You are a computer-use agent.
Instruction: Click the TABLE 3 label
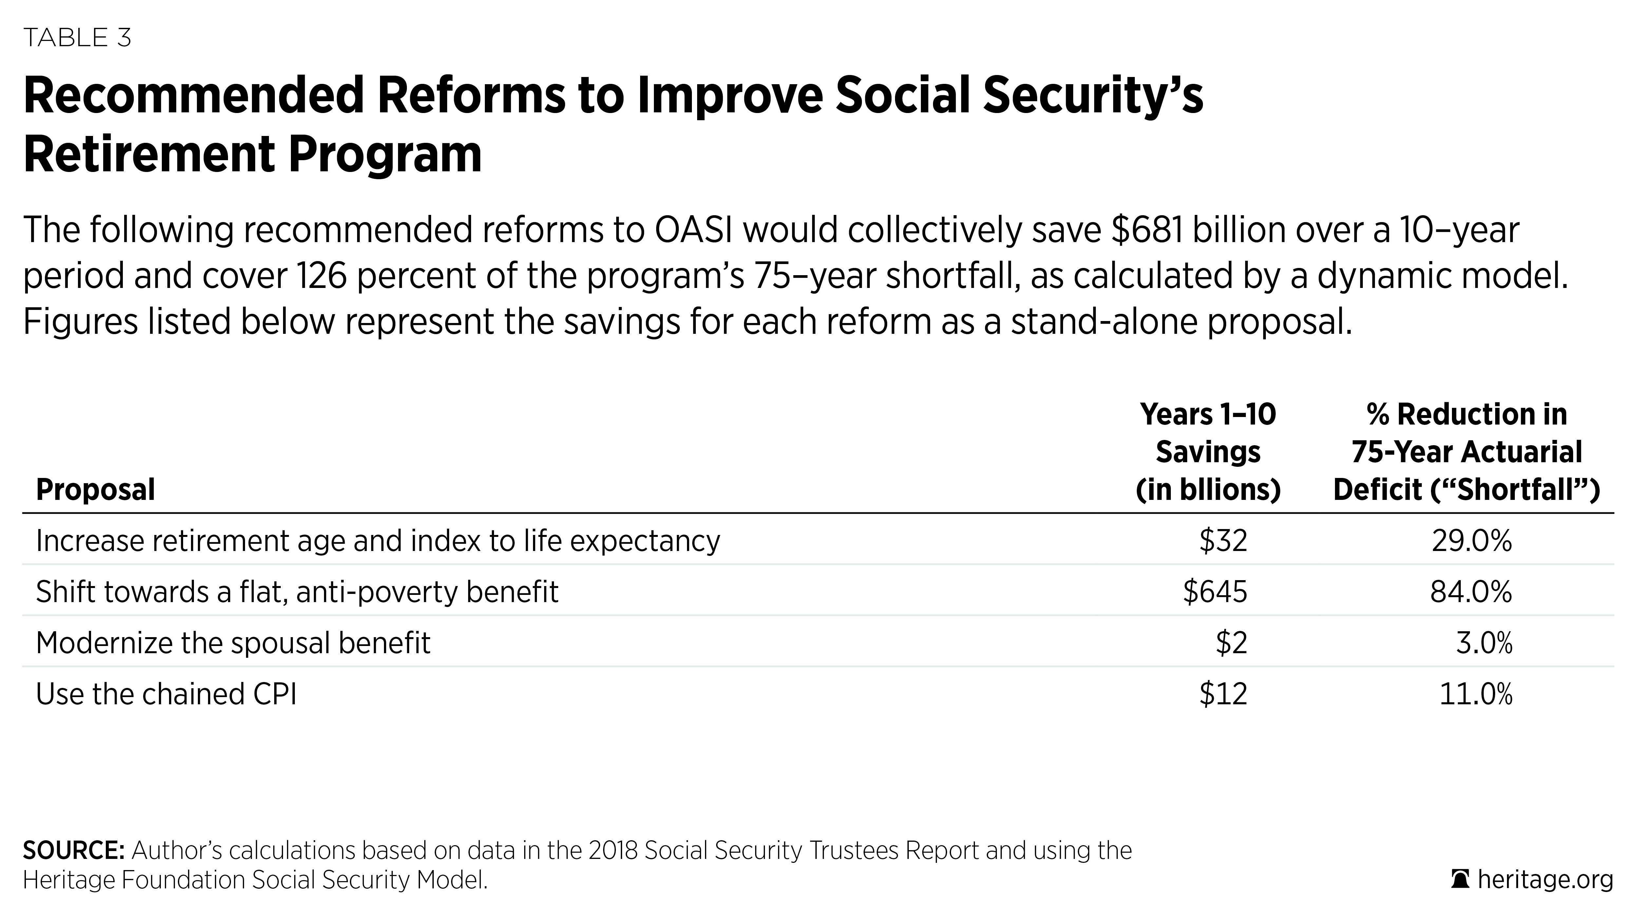pyautogui.click(x=77, y=38)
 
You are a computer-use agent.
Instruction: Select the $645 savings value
pyautogui.click(x=1214, y=591)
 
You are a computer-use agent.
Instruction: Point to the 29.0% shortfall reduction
pyautogui.click(x=1471, y=541)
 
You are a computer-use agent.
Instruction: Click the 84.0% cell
pyautogui.click(x=1471, y=591)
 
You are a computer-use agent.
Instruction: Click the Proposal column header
pyautogui.click(x=95, y=489)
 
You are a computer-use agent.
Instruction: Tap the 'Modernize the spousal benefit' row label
pyautogui.click(x=233, y=643)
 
